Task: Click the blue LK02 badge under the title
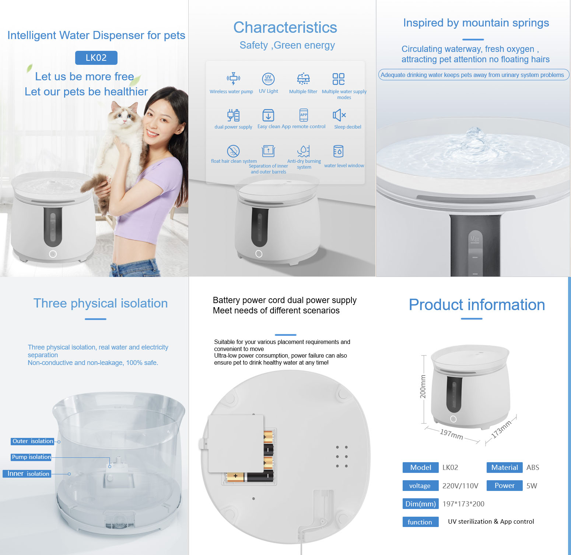[96, 58]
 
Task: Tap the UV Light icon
[268, 79]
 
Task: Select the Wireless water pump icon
[233, 78]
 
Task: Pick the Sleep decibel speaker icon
[339, 115]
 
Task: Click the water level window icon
[338, 151]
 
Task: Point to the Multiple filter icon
[303, 79]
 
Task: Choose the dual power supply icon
[233, 115]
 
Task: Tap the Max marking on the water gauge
[475, 239]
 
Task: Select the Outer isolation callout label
[33, 441]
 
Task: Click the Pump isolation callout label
[31, 457]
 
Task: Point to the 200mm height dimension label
[423, 386]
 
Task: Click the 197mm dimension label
[452, 434]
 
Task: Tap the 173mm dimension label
[501, 429]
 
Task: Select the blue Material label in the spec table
[505, 467]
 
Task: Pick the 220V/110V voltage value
[460, 486]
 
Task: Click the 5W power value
[532, 486]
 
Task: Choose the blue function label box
[420, 522]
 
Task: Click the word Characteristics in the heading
[285, 28]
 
